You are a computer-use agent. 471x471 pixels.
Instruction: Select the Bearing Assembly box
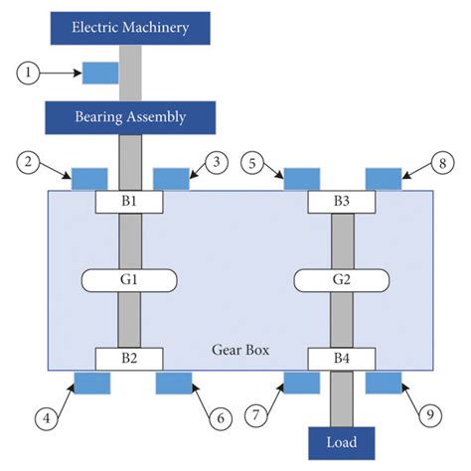click(130, 116)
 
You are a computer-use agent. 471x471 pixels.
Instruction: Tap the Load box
click(343, 441)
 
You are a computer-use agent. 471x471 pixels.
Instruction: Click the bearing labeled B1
click(131, 201)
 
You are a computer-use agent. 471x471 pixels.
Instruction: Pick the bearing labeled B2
click(131, 358)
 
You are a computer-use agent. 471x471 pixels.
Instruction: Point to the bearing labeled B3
click(343, 201)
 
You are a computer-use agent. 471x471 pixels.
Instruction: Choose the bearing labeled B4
click(343, 358)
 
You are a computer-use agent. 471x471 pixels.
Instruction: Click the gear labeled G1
click(131, 280)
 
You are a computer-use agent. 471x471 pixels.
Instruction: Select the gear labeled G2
click(343, 280)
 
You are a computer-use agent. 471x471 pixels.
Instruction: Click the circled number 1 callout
click(31, 72)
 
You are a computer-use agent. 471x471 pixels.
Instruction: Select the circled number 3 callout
click(220, 160)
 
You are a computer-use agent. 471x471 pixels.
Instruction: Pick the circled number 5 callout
click(257, 160)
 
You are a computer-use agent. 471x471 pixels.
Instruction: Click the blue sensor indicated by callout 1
click(99, 73)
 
